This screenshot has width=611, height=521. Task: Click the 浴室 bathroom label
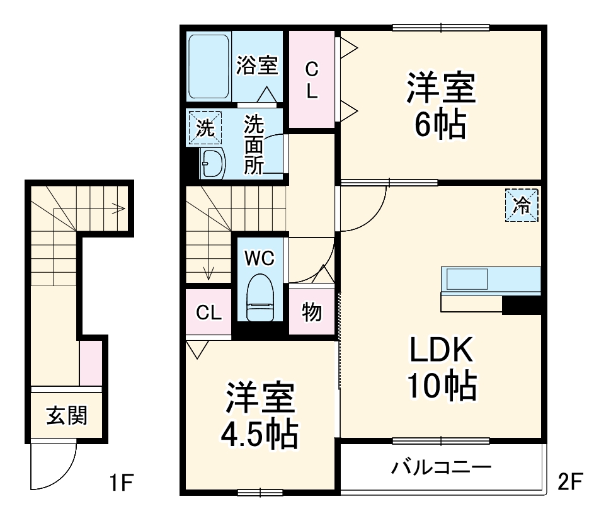click(x=257, y=66)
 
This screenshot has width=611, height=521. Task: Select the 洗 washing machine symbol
click(x=205, y=129)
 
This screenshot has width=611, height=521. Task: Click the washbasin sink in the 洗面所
click(x=212, y=164)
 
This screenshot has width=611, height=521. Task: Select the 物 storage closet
click(x=311, y=312)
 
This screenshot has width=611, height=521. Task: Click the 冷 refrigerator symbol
click(x=522, y=205)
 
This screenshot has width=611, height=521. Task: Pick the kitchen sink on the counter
click(x=467, y=278)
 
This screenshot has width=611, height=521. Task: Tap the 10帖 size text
click(x=441, y=386)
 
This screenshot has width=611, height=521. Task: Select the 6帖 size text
click(x=440, y=125)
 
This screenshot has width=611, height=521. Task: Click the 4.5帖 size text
click(x=259, y=432)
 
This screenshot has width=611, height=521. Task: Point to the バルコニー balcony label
click(x=440, y=468)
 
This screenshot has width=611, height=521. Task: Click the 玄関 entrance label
click(x=67, y=416)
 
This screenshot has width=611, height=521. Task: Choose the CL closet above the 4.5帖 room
click(x=208, y=312)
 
